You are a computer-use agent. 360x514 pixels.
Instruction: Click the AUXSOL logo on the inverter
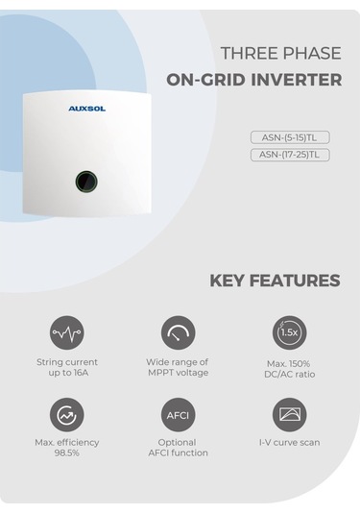coord(87,109)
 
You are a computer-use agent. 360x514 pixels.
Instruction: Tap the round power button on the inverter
coord(87,181)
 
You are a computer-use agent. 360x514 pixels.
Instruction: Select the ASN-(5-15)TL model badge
coord(289,137)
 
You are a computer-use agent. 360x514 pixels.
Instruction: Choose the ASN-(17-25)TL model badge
coord(289,155)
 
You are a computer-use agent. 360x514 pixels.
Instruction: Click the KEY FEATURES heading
coord(275,281)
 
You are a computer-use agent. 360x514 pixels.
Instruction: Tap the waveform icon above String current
coord(66,332)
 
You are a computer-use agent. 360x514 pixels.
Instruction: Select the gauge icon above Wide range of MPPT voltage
coord(178,332)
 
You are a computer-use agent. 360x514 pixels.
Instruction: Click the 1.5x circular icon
coord(289,332)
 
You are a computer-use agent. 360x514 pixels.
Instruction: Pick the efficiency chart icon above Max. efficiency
coord(66,415)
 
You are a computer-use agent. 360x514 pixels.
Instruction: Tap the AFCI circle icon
coord(178,415)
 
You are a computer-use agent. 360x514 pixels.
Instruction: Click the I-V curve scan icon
coord(289,415)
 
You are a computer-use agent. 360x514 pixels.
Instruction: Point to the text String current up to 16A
coord(66,367)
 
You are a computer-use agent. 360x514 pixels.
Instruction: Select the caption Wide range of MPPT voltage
coord(178,367)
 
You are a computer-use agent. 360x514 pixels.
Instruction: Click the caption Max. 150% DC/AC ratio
coord(289,370)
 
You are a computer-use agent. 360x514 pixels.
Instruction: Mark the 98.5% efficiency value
coord(66,453)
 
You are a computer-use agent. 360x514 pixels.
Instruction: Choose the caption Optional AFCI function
coord(178,448)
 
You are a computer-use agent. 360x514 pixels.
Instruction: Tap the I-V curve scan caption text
coord(289,443)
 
